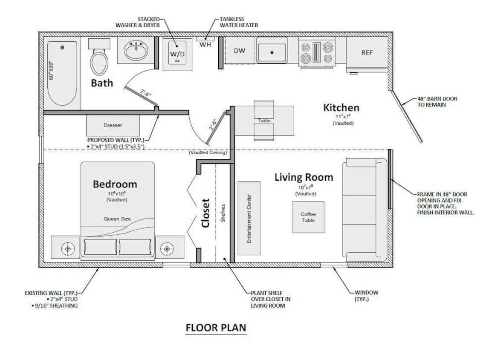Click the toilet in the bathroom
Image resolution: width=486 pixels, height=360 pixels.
pyautogui.click(x=99, y=60)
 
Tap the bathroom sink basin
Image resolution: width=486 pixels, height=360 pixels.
pyautogui.click(x=136, y=52)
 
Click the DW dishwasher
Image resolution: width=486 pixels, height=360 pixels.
pyautogui.click(x=240, y=51)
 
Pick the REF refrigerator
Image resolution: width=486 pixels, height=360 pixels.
pyautogui.click(x=367, y=53)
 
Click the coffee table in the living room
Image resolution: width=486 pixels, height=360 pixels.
pyautogui.click(x=308, y=217)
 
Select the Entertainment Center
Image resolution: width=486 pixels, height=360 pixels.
pyautogui.click(x=249, y=219)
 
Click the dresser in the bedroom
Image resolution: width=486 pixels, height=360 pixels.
pyautogui.click(x=113, y=125)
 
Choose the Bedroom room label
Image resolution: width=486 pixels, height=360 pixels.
pyautogui.click(x=115, y=184)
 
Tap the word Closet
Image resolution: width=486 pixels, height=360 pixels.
pyautogui.click(x=206, y=213)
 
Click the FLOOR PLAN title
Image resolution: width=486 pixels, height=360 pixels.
pyautogui.click(x=216, y=328)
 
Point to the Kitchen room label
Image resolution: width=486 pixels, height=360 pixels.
pyautogui.click(x=341, y=108)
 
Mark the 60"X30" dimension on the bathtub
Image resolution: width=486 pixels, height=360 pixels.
pyautogui.click(x=51, y=70)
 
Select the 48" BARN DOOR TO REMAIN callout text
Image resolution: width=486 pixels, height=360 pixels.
pyautogui.click(x=437, y=101)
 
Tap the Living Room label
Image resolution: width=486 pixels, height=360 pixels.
pyautogui.click(x=304, y=177)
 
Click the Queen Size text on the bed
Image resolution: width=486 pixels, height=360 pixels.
pyautogui.click(x=117, y=219)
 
